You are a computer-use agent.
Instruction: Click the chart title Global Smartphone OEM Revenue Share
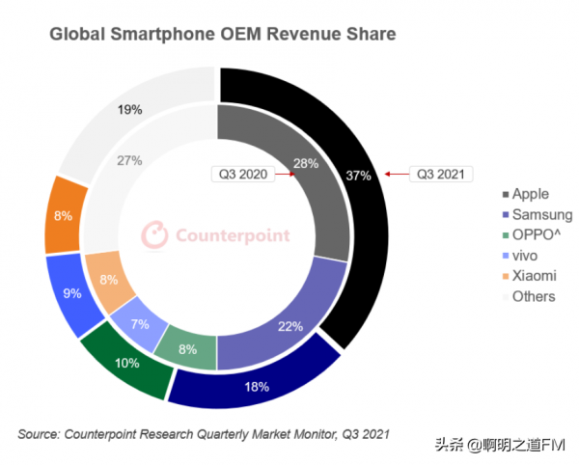[x=222, y=36]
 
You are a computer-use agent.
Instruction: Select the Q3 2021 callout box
[x=441, y=174]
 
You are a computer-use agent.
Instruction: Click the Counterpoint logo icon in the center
[x=155, y=235]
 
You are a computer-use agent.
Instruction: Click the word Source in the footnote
[x=39, y=433]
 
